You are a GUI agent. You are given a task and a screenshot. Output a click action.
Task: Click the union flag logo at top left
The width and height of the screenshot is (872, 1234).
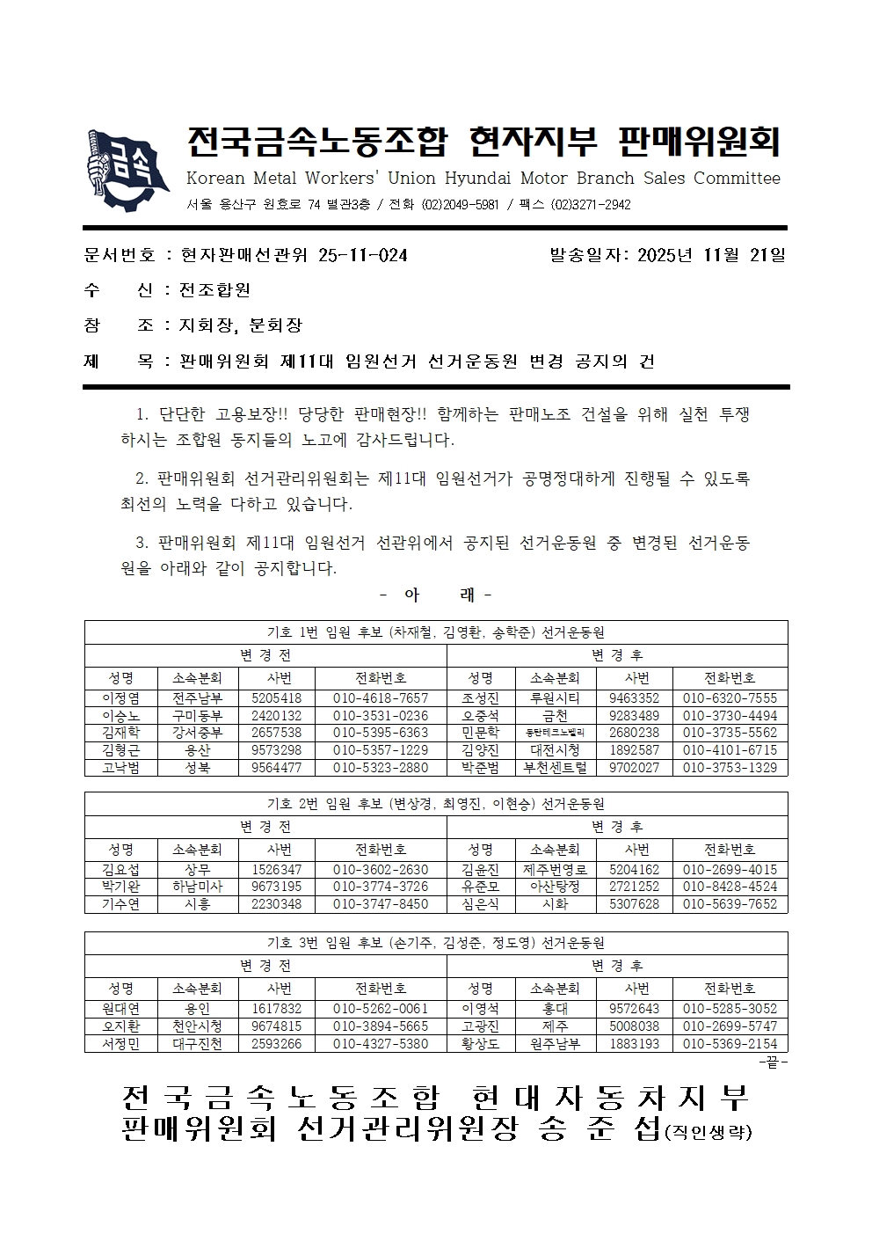[x=127, y=169]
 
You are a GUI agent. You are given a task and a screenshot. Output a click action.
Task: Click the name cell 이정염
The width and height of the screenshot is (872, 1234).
[x=121, y=698]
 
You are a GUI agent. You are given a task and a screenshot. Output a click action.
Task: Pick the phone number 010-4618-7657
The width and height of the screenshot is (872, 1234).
[x=381, y=698]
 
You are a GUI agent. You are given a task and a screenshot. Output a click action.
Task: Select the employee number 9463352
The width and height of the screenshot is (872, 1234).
[x=634, y=698]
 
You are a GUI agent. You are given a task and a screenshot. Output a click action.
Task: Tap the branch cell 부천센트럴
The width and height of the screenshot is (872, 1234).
[x=555, y=767]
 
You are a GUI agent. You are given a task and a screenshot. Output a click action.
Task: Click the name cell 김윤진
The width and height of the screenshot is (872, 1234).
[x=480, y=870]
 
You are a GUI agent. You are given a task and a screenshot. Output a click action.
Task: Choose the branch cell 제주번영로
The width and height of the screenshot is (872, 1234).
[x=555, y=870]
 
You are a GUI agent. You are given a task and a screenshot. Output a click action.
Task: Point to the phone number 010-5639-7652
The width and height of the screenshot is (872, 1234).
[x=730, y=904]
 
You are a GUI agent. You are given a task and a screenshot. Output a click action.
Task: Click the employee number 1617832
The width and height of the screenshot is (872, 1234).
[x=277, y=1009]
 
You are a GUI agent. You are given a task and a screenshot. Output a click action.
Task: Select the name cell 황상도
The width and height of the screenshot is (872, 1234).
[x=480, y=1044]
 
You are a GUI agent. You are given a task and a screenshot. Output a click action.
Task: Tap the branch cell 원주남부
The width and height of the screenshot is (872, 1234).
[x=555, y=1044]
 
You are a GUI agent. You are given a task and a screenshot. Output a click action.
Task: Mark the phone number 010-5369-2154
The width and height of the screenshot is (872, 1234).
[x=730, y=1044]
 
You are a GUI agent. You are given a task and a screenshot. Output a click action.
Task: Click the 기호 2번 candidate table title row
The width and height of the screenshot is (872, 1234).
[x=436, y=804]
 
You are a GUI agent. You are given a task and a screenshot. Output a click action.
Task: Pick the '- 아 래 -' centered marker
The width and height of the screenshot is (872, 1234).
[x=436, y=595]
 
